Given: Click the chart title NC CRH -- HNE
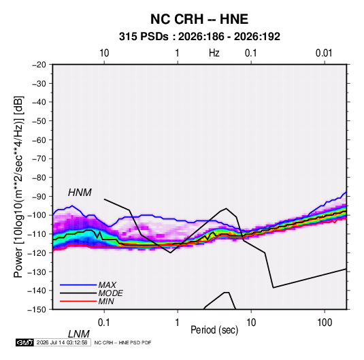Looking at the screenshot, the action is [199, 19].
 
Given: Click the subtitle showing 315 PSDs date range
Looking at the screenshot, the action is [199, 37].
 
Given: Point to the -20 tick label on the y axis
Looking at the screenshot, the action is [39, 65].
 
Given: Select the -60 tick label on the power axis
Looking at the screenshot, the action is [39, 140].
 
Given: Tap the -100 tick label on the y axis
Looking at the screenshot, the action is [37, 215].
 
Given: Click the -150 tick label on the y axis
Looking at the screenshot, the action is [37, 310].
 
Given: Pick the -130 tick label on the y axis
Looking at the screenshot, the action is [37, 272].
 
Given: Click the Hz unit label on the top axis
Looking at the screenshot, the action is [214, 53].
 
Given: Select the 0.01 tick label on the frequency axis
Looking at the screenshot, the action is [324, 53].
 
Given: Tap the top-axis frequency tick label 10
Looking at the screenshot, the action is [104, 53].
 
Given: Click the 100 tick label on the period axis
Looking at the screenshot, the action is [325, 322].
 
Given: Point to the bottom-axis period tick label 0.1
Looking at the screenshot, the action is [104, 322].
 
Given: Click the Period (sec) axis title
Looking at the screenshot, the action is [214, 330].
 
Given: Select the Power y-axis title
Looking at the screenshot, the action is [18, 187].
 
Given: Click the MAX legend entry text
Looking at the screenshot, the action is [107, 285].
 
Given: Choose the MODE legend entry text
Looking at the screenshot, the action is [110, 293].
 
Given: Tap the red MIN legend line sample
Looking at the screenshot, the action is [78, 301].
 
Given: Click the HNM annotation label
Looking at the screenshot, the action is [80, 193].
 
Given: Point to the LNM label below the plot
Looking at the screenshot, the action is [78, 334].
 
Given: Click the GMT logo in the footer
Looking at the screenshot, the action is [24, 342].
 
